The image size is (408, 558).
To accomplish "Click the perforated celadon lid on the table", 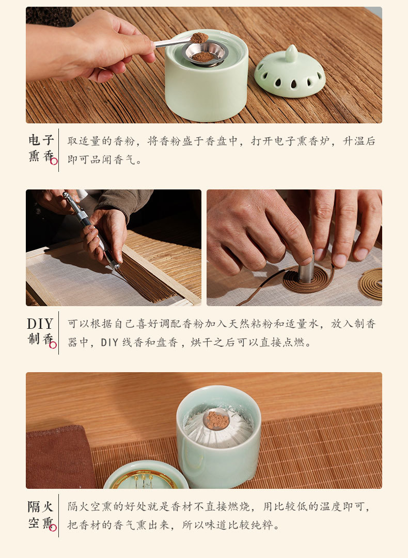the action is pos(290,74).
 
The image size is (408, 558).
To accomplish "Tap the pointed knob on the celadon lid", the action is pos(292,53).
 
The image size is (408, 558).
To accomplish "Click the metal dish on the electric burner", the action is pos(205,53).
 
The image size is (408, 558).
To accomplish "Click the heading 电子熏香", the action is pos(41,148).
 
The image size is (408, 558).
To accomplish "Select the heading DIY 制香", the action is pos(41,331).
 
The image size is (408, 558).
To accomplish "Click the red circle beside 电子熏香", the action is pos(54,161).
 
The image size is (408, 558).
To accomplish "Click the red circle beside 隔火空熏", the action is pos(53,528).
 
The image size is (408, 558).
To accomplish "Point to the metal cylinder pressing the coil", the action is pos(307,270).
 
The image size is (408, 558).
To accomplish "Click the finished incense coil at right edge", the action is pos(371,283).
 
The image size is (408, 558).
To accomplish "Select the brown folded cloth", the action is pos(60,457).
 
